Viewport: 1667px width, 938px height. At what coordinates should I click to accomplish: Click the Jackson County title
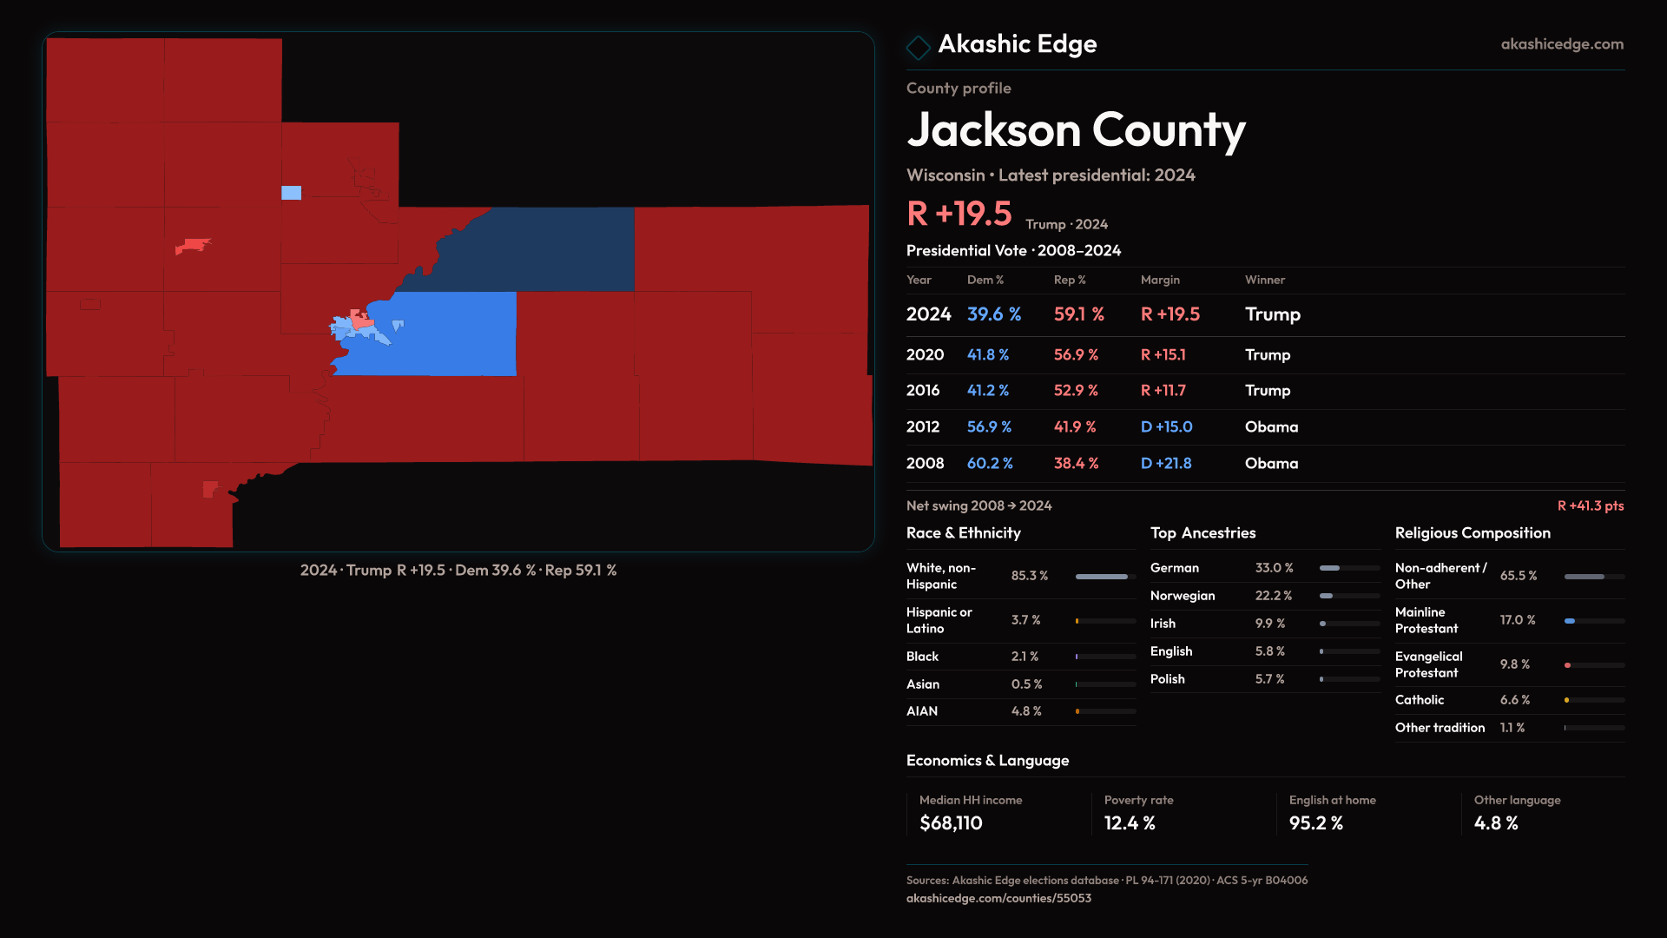[x=1076, y=130]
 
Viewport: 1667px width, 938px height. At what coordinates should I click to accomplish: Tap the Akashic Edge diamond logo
[x=918, y=47]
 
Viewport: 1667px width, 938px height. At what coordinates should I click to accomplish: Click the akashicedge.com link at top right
[x=1562, y=44]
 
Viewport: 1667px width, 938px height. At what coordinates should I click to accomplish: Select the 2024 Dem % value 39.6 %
[x=994, y=314]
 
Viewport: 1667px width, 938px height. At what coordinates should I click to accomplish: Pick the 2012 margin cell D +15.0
[x=1166, y=427]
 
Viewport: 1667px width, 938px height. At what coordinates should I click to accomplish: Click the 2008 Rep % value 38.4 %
[x=1076, y=464]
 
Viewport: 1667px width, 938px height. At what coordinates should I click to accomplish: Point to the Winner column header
[x=1264, y=280]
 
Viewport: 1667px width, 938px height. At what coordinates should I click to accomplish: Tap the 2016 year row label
[x=922, y=391]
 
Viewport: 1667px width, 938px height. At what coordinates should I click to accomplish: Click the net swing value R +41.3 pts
[x=1590, y=505]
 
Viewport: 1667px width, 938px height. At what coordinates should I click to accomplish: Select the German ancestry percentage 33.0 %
[x=1274, y=568]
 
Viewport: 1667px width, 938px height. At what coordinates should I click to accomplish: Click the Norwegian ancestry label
[x=1182, y=596]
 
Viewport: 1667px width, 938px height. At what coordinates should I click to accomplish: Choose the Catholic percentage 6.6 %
[x=1514, y=700]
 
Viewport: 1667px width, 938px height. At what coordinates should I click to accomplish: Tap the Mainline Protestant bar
[x=1593, y=621]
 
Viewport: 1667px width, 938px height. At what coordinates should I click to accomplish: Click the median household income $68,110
[x=951, y=823]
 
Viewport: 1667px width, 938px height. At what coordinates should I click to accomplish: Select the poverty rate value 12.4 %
[x=1130, y=823]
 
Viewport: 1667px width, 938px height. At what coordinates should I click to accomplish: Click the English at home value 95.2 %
[x=1315, y=823]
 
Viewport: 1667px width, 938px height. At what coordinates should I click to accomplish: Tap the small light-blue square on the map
[x=292, y=193]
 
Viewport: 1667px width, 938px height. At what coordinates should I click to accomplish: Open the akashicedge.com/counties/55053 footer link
[x=998, y=898]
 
